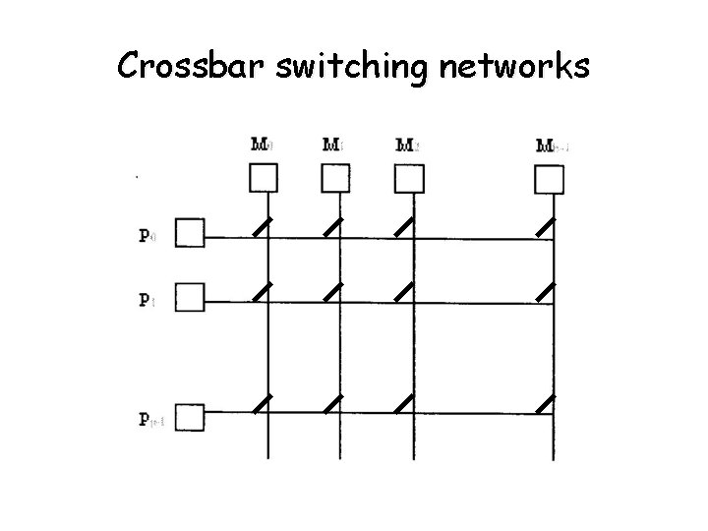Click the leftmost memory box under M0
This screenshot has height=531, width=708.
[x=264, y=178]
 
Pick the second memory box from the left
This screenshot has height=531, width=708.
[x=336, y=178]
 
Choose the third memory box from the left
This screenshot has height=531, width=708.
[x=409, y=178]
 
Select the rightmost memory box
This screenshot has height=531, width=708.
[x=549, y=178]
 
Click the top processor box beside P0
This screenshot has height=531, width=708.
[x=191, y=234]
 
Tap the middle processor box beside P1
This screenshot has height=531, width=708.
[x=191, y=296]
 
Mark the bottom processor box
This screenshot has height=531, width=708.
[x=191, y=418]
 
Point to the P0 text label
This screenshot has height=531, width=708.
[x=146, y=237]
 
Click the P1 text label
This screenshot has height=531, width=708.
[x=146, y=300]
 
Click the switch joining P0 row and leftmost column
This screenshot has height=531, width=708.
[x=262, y=227]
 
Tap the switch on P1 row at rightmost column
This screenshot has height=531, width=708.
[x=547, y=291]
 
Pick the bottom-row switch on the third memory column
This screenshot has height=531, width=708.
[x=403, y=403]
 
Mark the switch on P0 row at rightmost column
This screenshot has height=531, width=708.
[x=547, y=227]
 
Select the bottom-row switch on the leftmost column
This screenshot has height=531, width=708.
[x=262, y=403]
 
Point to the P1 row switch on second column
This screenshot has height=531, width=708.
[x=334, y=291]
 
